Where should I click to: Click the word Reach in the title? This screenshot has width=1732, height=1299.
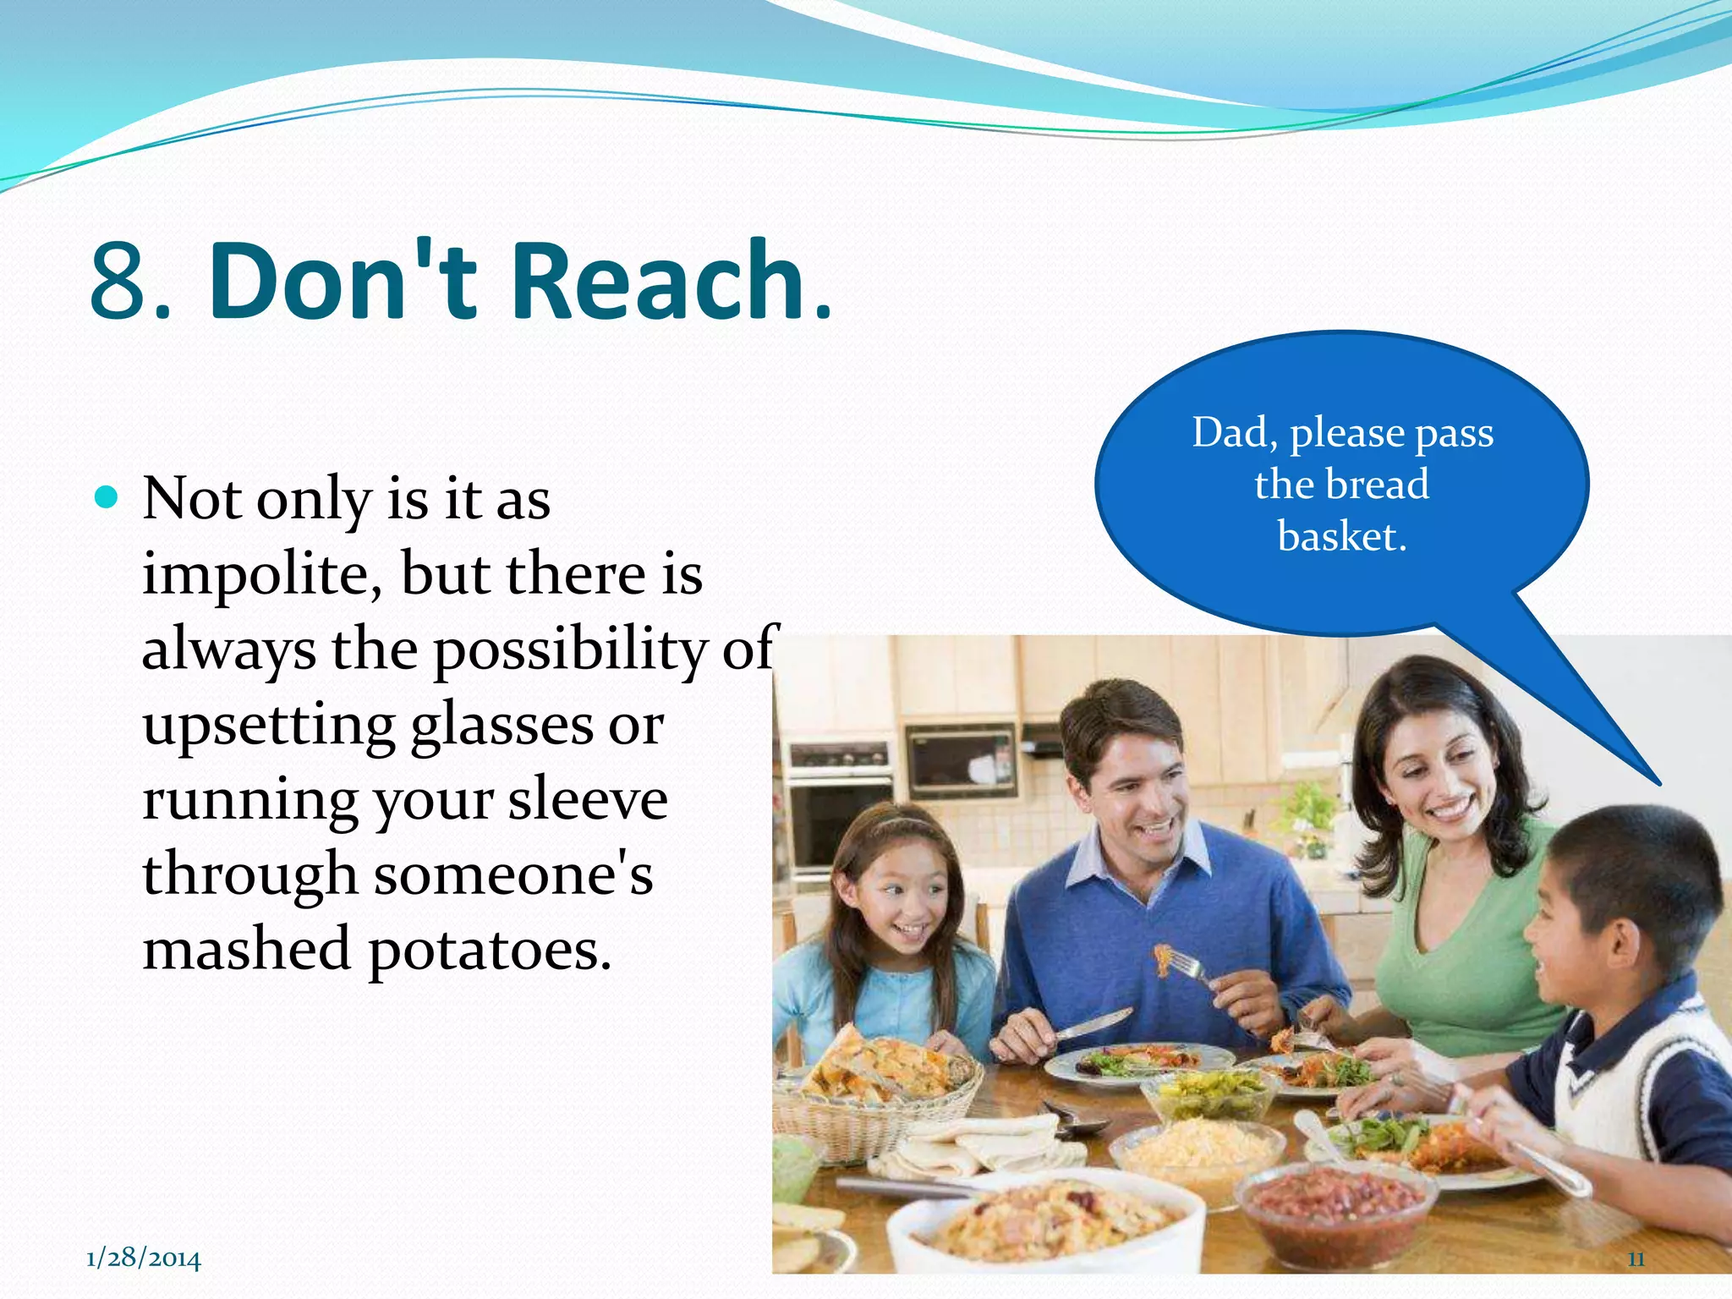[x=658, y=281]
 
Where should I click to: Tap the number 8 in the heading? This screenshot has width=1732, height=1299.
[x=120, y=282]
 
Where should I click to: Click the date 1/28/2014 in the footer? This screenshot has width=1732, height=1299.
[x=144, y=1258]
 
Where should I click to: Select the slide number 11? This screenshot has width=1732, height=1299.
[x=1636, y=1259]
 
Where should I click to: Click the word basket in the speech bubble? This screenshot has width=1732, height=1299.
[x=1340, y=536]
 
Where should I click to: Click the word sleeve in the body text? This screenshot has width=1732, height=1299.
[x=588, y=799]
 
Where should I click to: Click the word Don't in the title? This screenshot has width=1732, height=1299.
[x=343, y=281]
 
